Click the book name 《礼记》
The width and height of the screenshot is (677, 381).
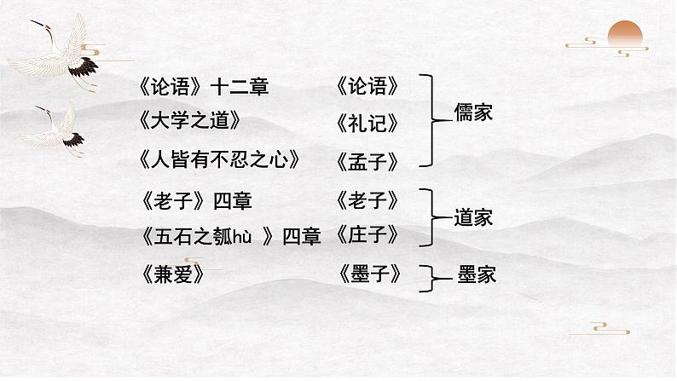tap(368, 123)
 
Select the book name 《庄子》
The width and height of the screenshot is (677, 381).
tap(368, 234)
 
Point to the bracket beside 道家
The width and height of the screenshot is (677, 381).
tap(432, 218)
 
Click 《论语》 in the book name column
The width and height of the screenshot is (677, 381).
tap(368, 86)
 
